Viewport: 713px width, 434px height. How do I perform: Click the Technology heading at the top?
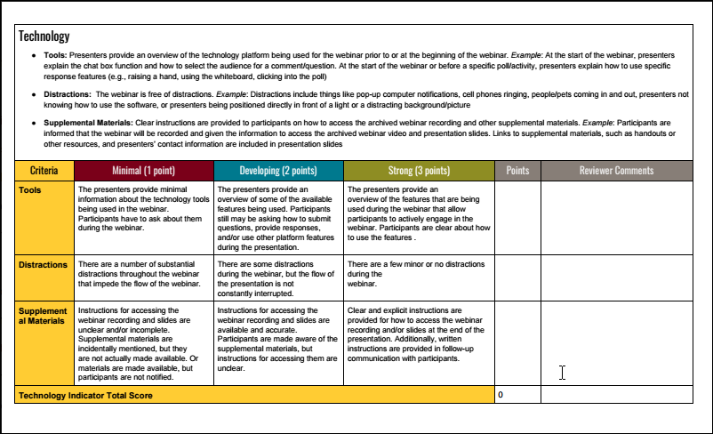pyautogui.click(x=44, y=36)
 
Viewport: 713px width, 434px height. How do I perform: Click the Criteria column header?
pyautogui.click(x=45, y=171)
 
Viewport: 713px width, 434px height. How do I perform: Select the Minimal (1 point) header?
pyautogui.click(x=143, y=171)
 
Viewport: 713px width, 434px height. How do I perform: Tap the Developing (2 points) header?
pyautogui.click(x=278, y=171)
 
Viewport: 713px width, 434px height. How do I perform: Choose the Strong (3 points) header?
pyautogui.click(x=418, y=171)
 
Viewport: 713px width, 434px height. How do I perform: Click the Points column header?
pyautogui.click(x=517, y=171)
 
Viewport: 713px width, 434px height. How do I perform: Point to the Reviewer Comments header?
pyautogui.click(x=616, y=171)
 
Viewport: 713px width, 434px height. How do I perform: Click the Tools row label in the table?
pyautogui.click(x=31, y=189)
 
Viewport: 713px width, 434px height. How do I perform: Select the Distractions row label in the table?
pyautogui.click(x=43, y=265)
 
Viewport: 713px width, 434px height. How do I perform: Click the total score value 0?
pyautogui.click(x=501, y=394)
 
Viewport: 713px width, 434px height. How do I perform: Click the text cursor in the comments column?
pyautogui.click(x=562, y=373)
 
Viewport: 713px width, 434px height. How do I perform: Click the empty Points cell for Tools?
pyautogui.click(x=517, y=217)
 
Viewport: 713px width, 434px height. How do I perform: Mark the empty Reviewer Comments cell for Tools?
pyautogui.click(x=616, y=217)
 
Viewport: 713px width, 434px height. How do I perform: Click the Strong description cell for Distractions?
pyautogui.click(x=418, y=276)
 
